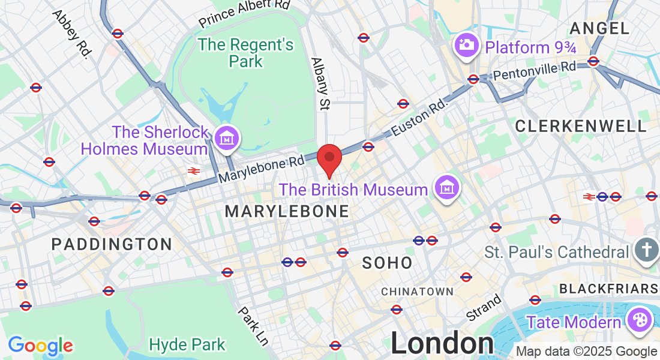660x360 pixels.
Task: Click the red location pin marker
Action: pos(329,158)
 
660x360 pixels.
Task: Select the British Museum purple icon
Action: pos(447,188)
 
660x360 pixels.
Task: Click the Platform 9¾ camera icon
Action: pos(466,44)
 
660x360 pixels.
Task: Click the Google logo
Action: pos(40,345)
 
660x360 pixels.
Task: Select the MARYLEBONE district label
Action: pos(287,211)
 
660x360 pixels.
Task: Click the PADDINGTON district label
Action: pos(112,244)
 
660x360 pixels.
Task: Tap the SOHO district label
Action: pos(388,263)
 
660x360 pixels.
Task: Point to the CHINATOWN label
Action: pos(418,292)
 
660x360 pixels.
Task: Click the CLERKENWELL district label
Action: pos(581,126)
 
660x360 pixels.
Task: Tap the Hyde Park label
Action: pos(187,344)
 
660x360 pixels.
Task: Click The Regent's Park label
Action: pos(246,53)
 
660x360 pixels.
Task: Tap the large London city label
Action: pos(443,344)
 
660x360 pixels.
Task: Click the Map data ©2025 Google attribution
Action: pos(587,352)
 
